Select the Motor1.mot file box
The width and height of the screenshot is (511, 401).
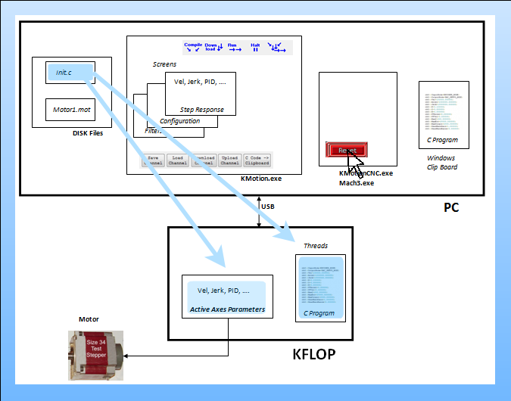pos(70,110)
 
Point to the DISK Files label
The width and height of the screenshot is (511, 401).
pos(83,133)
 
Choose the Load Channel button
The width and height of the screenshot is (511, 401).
pos(178,160)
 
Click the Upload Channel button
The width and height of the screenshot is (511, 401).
pos(230,160)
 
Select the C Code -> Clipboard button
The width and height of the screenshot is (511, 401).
pos(257,160)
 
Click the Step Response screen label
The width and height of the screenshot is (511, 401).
pos(202,110)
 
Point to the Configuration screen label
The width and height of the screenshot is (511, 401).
pos(180,121)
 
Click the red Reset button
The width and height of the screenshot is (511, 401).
pos(347,150)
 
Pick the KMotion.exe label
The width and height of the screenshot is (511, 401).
pos(260,179)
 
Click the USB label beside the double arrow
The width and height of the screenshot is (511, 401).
pos(268,206)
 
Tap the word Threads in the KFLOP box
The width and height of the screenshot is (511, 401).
pos(316,246)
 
